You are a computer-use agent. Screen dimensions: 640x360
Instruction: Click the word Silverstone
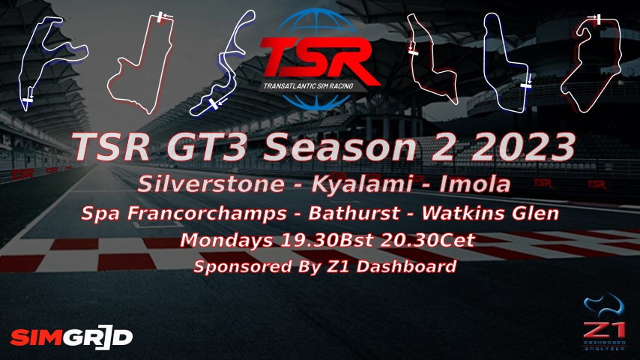click(x=211, y=184)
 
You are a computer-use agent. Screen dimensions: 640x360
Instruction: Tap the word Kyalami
click(x=362, y=184)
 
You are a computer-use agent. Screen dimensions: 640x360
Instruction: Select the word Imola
click(x=474, y=184)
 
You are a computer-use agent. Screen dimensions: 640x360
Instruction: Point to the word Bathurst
click(x=354, y=213)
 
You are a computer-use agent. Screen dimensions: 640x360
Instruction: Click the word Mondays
click(x=226, y=240)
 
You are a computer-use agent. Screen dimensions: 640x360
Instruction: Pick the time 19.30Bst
click(x=327, y=240)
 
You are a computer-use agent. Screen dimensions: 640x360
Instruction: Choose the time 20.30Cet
click(x=427, y=240)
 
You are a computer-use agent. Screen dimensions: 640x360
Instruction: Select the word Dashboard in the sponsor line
click(x=406, y=266)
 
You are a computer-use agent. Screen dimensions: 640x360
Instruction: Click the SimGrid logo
click(x=72, y=338)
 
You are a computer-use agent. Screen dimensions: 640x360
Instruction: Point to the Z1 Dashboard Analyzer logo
click(x=605, y=322)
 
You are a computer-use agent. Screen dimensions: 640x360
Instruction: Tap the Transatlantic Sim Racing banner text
click(x=308, y=85)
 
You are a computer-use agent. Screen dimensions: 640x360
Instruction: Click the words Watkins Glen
click(x=490, y=213)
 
